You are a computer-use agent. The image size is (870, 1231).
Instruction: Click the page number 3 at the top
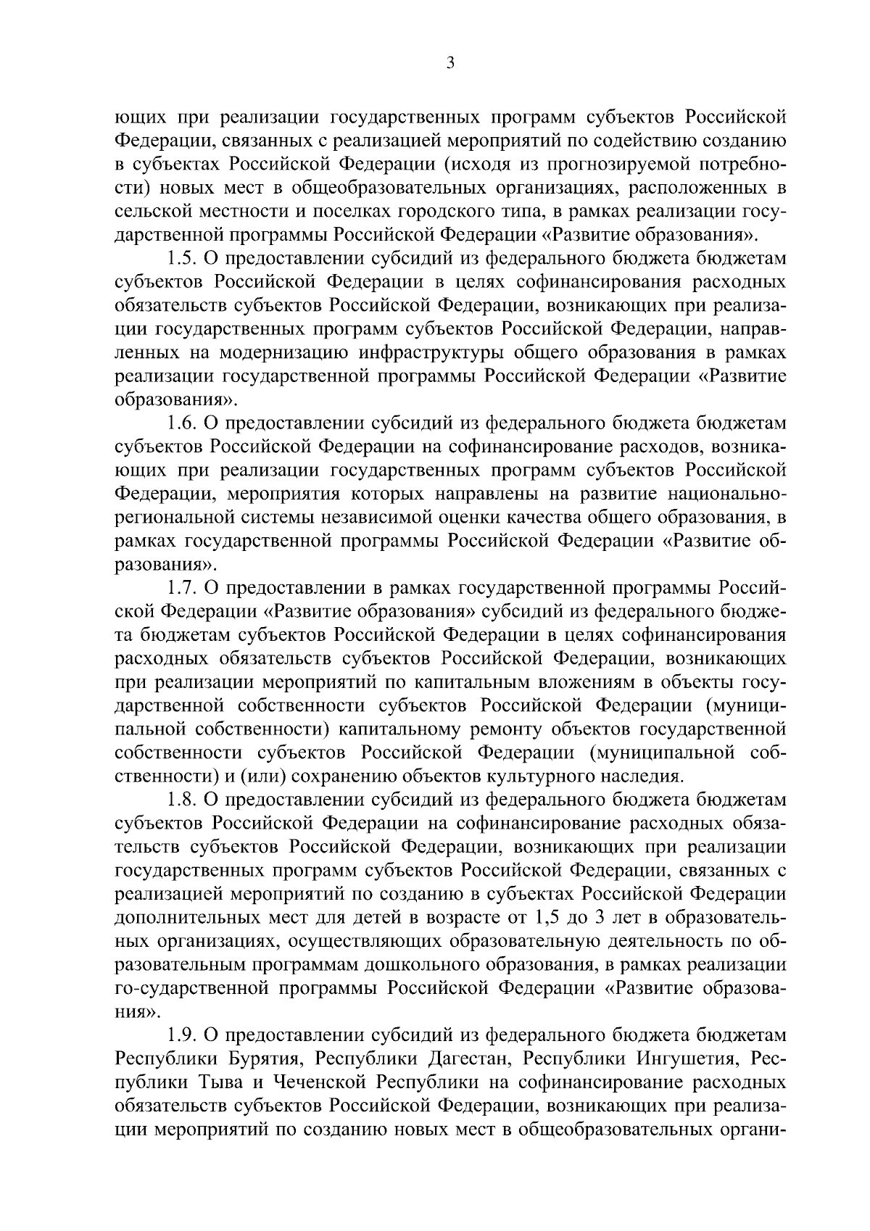click(449, 64)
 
